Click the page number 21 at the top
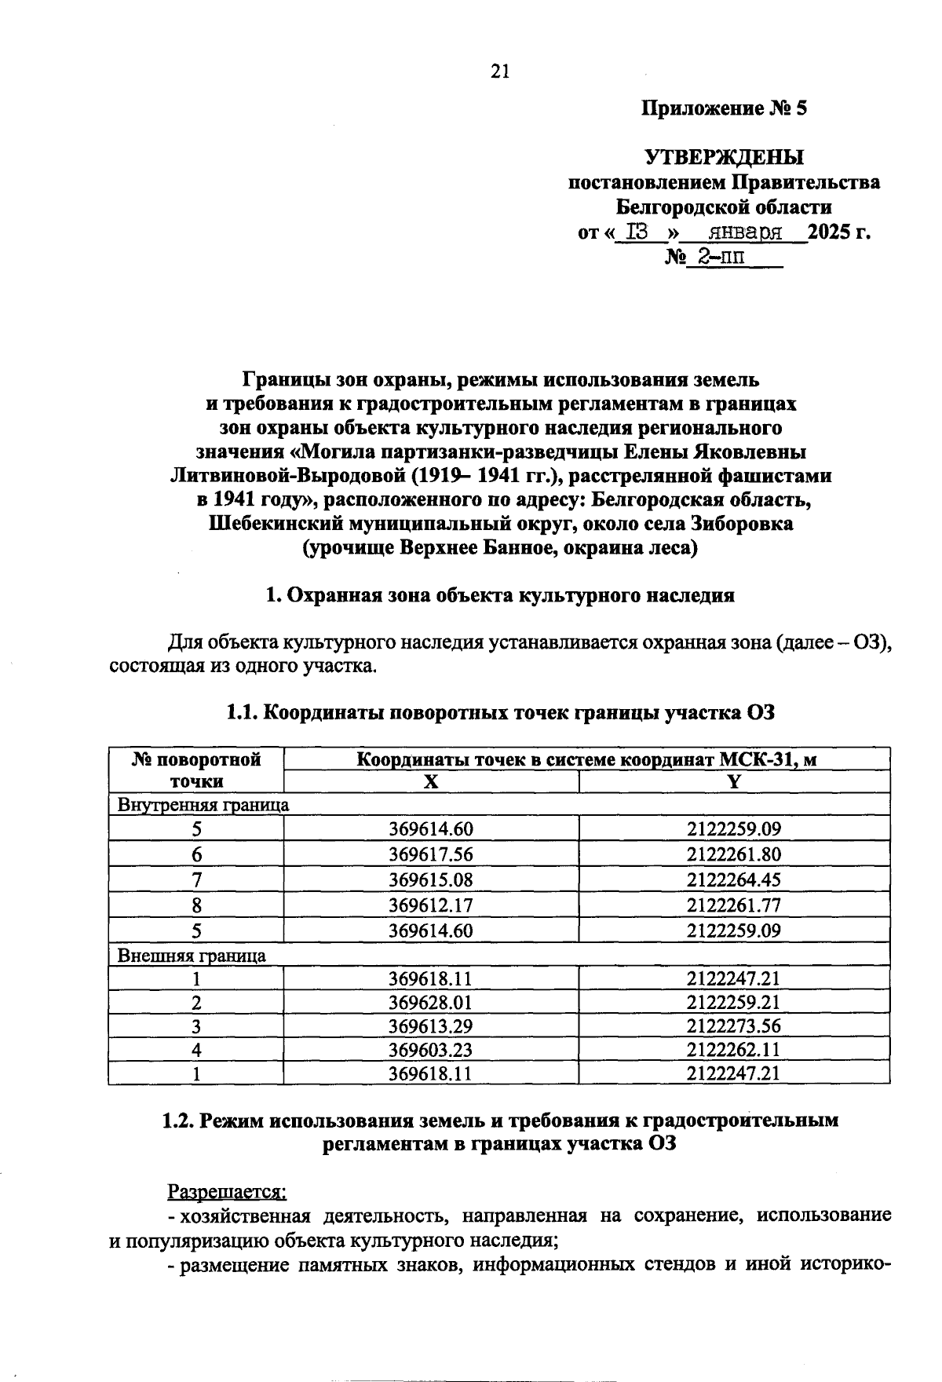coord(500,71)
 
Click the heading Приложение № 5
coord(724,108)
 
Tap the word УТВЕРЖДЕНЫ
coord(724,157)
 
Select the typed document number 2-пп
coord(716,258)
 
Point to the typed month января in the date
coord(745,233)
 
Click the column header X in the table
coord(430,782)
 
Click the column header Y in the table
coord(734,782)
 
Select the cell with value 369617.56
coord(431,854)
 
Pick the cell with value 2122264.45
coord(734,879)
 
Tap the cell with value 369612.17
coord(431,905)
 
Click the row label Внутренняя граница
coord(203,805)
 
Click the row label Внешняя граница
coord(192,956)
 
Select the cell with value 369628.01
coord(431,1003)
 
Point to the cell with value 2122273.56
coord(734,1026)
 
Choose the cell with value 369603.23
coord(431,1050)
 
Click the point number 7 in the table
coord(196,880)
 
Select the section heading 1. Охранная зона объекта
coord(500,595)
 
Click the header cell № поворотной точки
coord(196,770)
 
